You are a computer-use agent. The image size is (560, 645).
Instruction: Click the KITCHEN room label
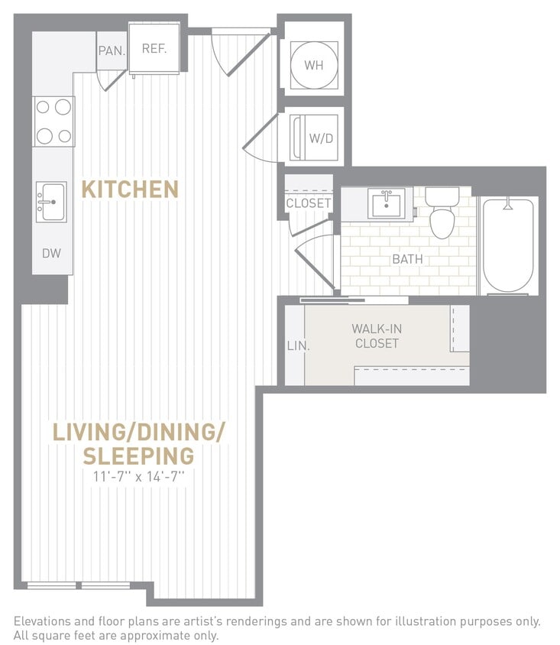tap(130, 189)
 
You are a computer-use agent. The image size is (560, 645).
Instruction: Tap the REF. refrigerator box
tap(154, 49)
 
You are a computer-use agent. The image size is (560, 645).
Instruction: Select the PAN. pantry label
tap(110, 51)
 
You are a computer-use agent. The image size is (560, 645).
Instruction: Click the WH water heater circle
tap(313, 65)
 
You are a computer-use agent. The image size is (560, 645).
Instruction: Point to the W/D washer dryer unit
tap(316, 138)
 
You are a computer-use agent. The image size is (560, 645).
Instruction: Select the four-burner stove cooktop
tap(53, 122)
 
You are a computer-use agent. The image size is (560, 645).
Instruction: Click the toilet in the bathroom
tap(442, 213)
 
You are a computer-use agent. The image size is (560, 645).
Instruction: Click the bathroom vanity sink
tap(387, 205)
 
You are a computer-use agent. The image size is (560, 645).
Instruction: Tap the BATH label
tap(407, 259)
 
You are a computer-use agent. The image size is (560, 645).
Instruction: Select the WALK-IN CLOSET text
tap(377, 336)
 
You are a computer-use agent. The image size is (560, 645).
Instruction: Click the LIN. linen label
tap(297, 345)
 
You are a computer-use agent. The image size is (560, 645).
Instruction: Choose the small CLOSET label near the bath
tap(309, 203)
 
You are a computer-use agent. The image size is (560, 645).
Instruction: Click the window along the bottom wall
tap(79, 585)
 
